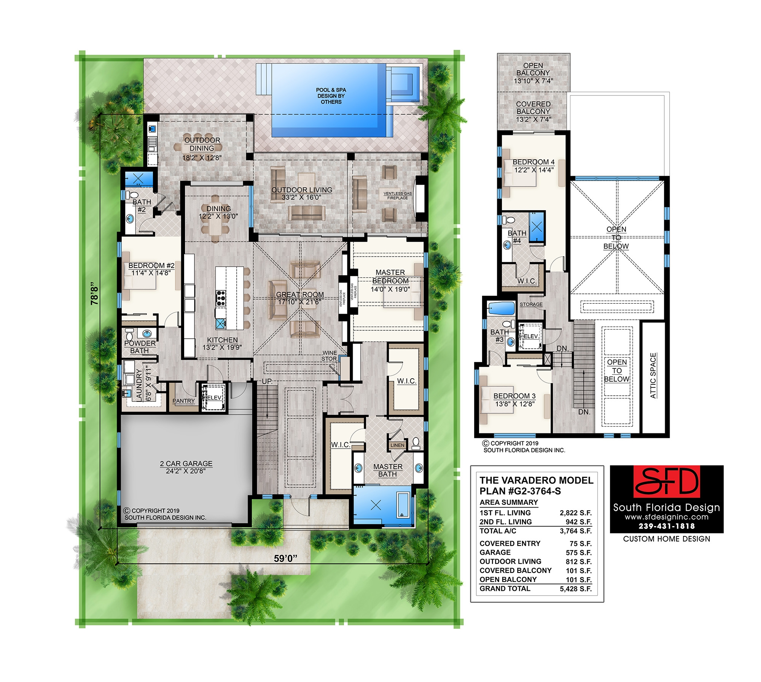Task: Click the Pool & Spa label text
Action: click(331, 96)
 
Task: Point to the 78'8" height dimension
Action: click(95, 293)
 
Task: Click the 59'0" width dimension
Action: click(285, 558)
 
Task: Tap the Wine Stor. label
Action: click(329, 356)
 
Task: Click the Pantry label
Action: click(183, 401)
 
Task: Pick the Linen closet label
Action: click(397, 445)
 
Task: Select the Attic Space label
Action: click(653, 376)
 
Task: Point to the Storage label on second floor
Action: click(531, 305)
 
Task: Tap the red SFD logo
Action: click(667, 482)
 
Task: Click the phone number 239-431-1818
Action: click(667, 526)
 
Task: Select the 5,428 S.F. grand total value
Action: click(576, 589)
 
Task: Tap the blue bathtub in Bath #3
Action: click(501, 308)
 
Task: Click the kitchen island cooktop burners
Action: click(221, 298)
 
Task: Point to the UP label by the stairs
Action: click(267, 381)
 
